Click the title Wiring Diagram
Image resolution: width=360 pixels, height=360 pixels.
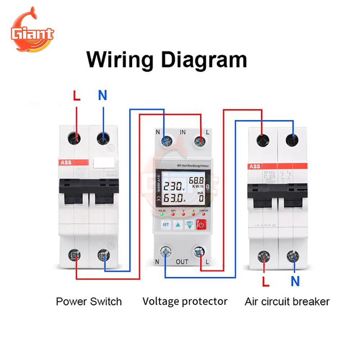(167, 59)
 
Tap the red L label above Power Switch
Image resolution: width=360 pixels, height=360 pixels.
(77, 96)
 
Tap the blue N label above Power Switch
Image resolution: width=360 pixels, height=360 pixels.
(103, 96)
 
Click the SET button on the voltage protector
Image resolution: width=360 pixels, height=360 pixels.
(166, 225)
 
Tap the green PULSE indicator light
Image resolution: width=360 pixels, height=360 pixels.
(162, 215)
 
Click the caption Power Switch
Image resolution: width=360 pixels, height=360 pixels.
(89, 301)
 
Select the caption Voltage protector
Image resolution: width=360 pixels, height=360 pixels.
(185, 301)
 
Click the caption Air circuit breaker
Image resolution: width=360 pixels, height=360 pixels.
(287, 301)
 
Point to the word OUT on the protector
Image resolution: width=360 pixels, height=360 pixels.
(182, 262)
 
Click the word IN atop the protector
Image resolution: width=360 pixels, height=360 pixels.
(183, 132)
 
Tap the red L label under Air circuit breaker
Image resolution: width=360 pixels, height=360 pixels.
(266, 281)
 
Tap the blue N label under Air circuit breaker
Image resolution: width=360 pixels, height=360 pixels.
(295, 281)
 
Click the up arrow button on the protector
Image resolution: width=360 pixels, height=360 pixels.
(178, 225)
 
